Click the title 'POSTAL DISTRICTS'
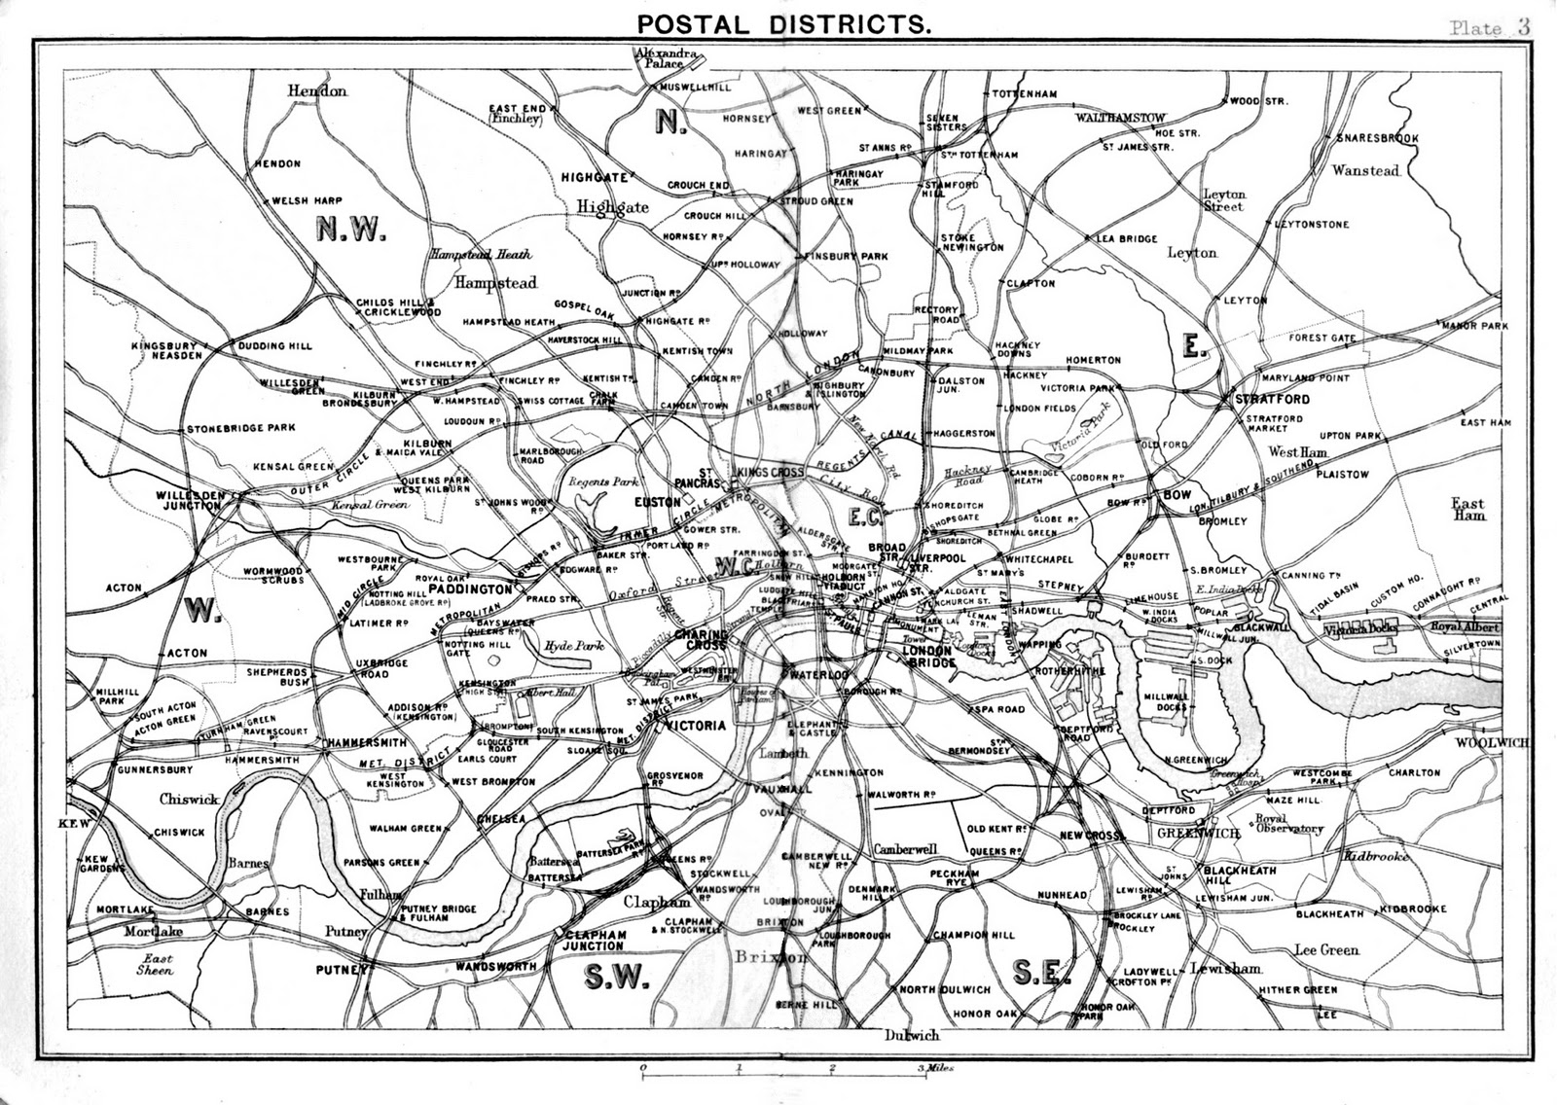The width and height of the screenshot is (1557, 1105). click(x=780, y=23)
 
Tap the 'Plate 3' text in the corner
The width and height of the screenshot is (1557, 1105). click(x=1489, y=27)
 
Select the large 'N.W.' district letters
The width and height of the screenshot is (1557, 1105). click(x=351, y=230)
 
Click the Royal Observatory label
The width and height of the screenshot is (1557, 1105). click(x=1288, y=824)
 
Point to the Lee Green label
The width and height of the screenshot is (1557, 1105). click(x=1326, y=949)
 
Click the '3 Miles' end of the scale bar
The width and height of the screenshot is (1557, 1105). click(x=937, y=1068)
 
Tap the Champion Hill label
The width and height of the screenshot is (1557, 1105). click(x=973, y=935)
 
